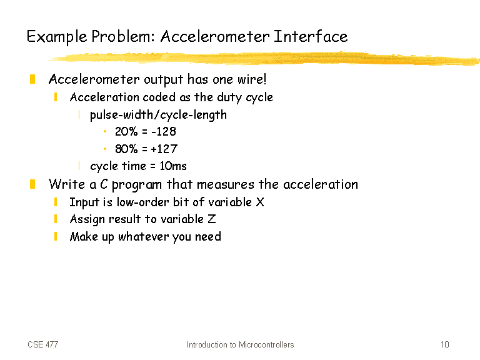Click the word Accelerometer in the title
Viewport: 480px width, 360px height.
215,36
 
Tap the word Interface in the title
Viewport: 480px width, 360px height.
311,36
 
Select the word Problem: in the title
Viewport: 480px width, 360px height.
123,37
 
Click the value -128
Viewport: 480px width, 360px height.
164,132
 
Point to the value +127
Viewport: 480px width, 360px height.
164,149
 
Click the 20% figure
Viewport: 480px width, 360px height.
126,132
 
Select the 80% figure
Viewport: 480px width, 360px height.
126,149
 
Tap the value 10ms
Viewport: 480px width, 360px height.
173,166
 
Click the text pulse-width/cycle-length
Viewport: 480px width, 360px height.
158,115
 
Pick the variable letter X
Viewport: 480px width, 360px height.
260,202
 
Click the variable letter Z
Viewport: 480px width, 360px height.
212,219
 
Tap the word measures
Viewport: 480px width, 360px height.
225,184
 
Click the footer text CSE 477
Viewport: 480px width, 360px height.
43,345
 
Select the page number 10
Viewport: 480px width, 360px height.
445,345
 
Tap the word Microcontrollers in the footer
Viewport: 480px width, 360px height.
266,345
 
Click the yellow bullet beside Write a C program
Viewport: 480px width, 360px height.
32,184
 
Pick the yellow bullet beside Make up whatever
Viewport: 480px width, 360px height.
56,236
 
